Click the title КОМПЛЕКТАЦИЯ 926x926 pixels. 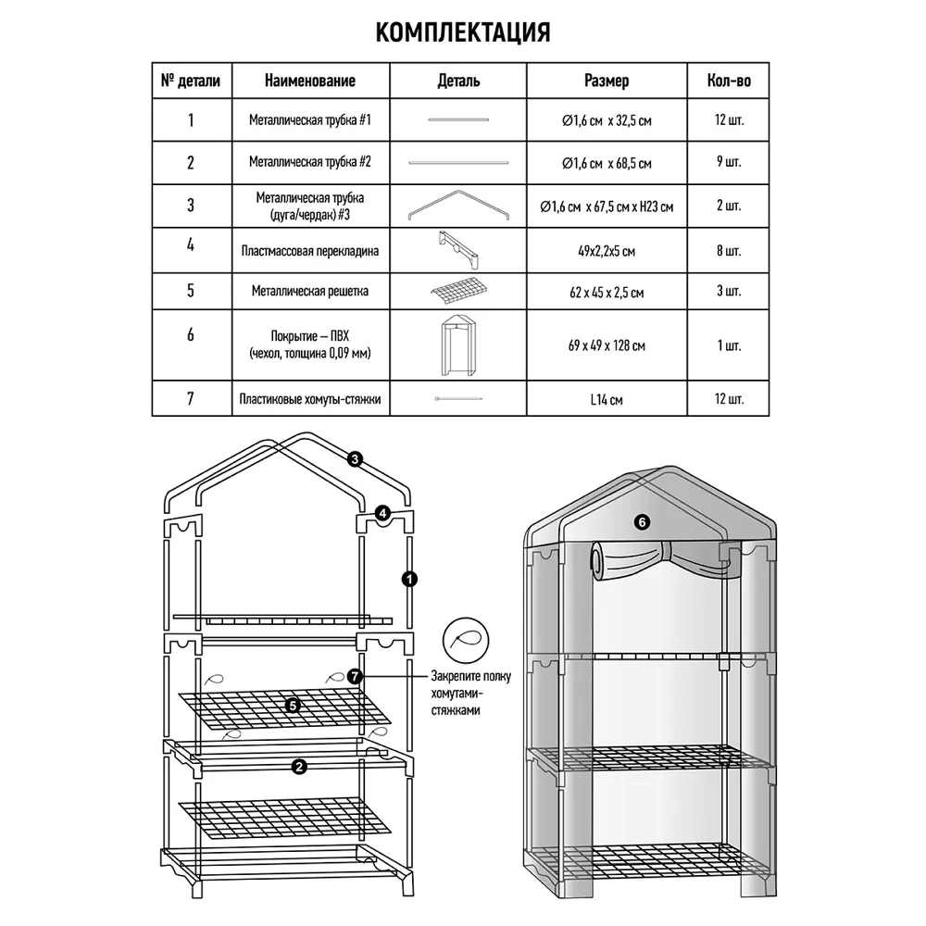(463, 32)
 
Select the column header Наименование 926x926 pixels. (310, 81)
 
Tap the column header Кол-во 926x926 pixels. (729, 81)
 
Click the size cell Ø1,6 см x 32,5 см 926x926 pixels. (607, 120)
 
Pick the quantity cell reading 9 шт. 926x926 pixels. (729, 163)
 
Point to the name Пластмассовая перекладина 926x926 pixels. (310, 250)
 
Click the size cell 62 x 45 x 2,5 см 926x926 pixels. (607, 293)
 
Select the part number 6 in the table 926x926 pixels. (191, 335)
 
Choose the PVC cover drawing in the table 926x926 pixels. (458, 344)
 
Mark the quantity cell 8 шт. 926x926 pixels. (729, 251)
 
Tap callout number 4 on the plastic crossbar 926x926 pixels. (382, 513)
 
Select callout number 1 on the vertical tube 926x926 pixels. (408, 579)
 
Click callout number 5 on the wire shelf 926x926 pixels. (293, 706)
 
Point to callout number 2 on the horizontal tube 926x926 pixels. (298, 767)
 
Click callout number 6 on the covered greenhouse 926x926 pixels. (642, 522)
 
